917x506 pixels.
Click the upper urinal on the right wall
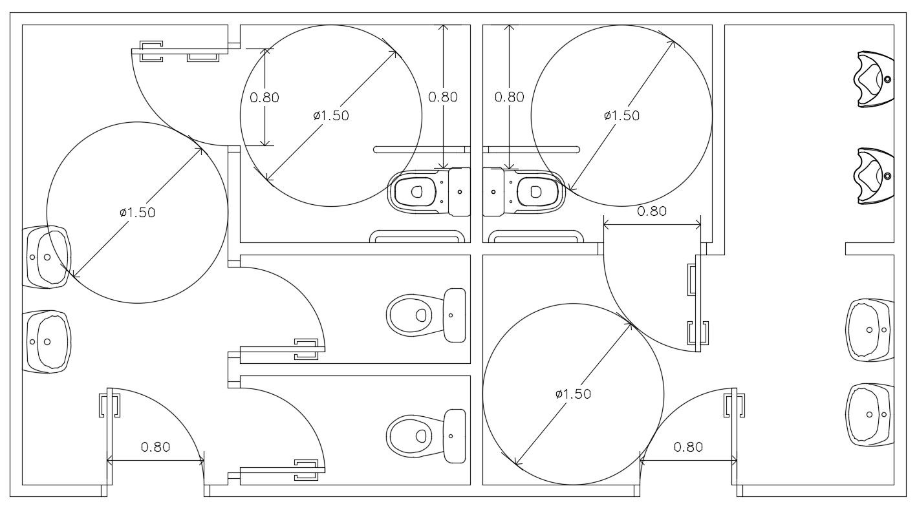[874, 79]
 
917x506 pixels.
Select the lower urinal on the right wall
[874, 176]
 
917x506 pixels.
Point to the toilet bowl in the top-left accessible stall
[415, 191]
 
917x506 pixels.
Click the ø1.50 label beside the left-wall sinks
[137, 212]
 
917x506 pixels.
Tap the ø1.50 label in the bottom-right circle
[573, 394]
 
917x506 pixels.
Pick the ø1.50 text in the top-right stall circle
[621, 115]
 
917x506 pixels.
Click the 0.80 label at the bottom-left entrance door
[155, 447]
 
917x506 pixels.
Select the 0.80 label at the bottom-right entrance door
[688, 447]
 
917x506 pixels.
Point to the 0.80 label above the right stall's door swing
[652, 211]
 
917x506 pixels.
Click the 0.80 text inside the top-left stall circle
[264, 98]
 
